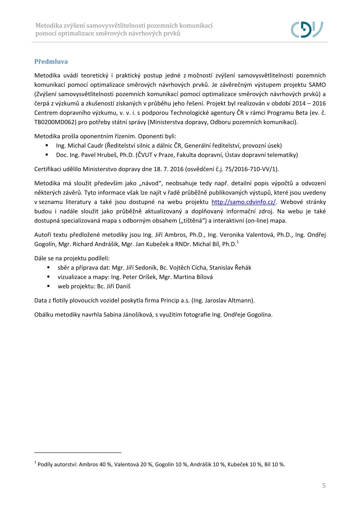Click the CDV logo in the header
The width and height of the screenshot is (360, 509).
coord(307,29)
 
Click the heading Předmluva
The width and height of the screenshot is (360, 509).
coord(51,62)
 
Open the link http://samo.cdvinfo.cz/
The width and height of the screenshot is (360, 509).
coord(243,202)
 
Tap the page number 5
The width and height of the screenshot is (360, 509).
coord(324,485)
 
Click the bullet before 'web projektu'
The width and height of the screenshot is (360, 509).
coord(48,286)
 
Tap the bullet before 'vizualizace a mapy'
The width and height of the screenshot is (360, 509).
coord(48,277)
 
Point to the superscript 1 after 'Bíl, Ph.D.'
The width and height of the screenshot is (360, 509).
coord(238,242)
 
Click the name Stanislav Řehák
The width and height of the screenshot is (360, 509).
coord(230,267)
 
